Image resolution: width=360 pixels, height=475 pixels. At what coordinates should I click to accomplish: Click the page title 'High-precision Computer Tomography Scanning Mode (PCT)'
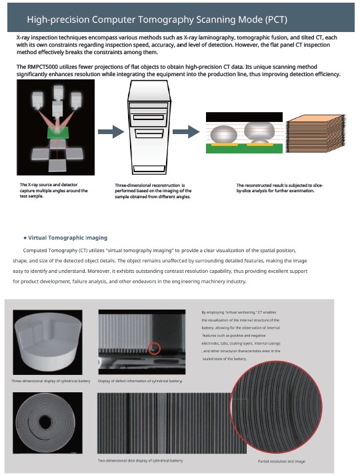tap(157, 19)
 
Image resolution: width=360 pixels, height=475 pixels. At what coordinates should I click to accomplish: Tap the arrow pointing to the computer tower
tap(111, 131)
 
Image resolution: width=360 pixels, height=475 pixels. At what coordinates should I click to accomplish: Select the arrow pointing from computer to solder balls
tap(186, 131)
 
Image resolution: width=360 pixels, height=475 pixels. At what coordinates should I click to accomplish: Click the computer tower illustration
tap(149, 127)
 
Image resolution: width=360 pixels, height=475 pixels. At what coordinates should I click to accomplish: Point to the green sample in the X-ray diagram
tap(57, 133)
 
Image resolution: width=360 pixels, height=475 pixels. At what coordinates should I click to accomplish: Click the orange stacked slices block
tap(315, 133)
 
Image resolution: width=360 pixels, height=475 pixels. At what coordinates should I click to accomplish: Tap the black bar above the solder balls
tap(244, 117)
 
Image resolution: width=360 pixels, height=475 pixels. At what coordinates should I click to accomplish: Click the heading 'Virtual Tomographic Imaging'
tap(68, 238)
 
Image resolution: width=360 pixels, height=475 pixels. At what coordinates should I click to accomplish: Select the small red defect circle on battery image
tap(155, 348)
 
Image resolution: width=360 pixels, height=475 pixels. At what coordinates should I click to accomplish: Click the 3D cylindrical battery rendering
tap(48, 342)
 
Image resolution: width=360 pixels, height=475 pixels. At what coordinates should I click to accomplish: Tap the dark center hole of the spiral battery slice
tap(45, 422)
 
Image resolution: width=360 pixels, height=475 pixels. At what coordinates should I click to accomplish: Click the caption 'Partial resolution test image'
tap(281, 461)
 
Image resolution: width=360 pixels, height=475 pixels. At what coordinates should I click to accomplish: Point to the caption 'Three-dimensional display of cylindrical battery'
tap(51, 381)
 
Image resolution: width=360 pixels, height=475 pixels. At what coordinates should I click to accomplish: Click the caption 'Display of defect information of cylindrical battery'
tap(140, 381)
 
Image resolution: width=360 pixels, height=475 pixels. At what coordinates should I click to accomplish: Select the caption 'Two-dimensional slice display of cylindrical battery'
tap(140, 460)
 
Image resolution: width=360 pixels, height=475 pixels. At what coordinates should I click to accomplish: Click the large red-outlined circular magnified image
tap(276, 407)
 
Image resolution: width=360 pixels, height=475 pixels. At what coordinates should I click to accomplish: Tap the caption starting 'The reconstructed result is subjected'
tap(279, 188)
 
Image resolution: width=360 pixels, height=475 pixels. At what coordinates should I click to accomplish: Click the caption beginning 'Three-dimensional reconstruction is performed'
tap(153, 191)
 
